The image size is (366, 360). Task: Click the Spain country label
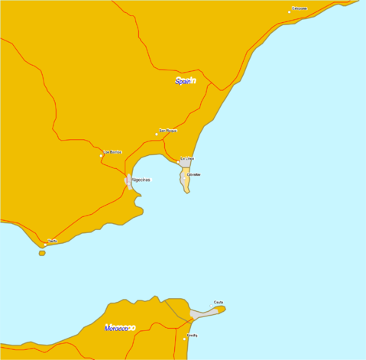(184, 81)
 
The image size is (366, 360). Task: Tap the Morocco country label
(118, 328)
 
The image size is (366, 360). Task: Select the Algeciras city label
(141, 180)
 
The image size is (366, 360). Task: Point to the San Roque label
(168, 131)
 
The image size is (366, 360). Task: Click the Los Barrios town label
(112, 152)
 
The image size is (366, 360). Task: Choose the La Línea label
(187, 159)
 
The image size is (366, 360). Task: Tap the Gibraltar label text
(194, 174)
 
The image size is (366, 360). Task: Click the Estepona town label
(300, 8)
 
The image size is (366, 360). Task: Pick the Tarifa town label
(53, 241)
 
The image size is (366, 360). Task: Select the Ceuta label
(219, 302)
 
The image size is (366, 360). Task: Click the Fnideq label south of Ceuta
(192, 335)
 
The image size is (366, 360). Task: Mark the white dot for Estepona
(290, 11)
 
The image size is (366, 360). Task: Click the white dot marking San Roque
(157, 134)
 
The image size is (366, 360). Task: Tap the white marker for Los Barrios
(101, 156)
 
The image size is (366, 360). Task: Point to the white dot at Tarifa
(45, 245)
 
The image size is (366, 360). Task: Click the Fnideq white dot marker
(184, 339)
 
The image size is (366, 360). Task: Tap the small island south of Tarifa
(42, 253)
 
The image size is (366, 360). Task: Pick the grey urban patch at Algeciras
(128, 180)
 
